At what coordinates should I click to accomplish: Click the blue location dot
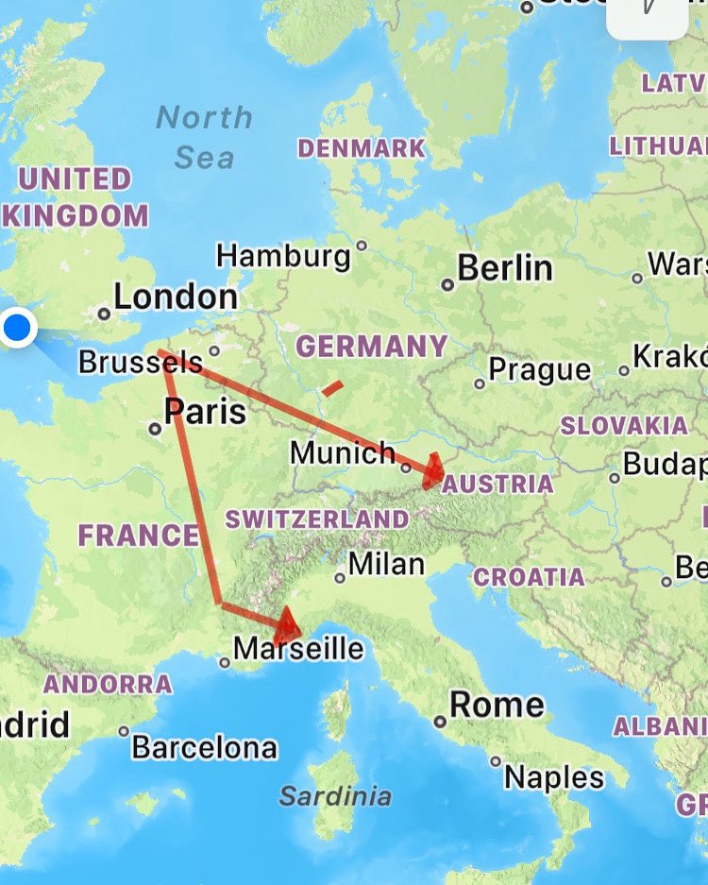pyautogui.click(x=18, y=329)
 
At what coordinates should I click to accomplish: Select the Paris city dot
pyautogui.click(x=155, y=429)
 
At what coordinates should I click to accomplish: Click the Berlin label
pyautogui.click(x=505, y=268)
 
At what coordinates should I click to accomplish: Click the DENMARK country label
pyautogui.click(x=362, y=148)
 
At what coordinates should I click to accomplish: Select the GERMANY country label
pyautogui.click(x=371, y=347)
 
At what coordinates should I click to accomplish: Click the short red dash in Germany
pyautogui.click(x=331, y=386)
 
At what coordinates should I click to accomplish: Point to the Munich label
pyautogui.click(x=343, y=453)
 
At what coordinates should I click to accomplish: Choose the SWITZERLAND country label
pyautogui.click(x=317, y=519)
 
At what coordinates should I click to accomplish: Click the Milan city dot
pyautogui.click(x=340, y=576)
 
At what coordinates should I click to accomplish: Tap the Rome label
pyautogui.click(x=497, y=705)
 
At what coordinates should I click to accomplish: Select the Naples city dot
pyautogui.click(x=496, y=761)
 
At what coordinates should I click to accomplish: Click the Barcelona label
pyautogui.click(x=204, y=748)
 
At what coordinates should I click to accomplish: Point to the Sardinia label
pyautogui.click(x=335, y=796)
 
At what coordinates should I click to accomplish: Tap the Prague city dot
pyautogui.click(x=480, y=383)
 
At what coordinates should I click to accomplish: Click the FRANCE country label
pyautogui.click(x=138, y=536)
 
